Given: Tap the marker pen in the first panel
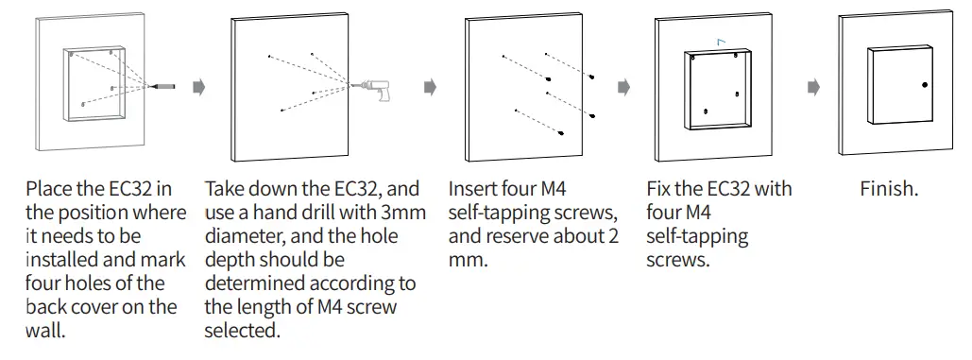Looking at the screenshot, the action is click(x=164, y=86).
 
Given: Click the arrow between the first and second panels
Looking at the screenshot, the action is click(x=198, y=87).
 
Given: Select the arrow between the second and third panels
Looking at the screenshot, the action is click(x=430, y=87).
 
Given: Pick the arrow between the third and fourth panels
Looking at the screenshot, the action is click(x=623, y=87).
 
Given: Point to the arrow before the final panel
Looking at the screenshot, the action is click(x=813, y=87).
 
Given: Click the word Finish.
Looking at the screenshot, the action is click(x=889, y=190).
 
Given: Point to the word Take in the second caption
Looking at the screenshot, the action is click(x=227, y=190).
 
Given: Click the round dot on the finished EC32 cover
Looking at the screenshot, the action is click(x=925, y=86).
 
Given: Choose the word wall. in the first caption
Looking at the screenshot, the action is click(x=46, y=330).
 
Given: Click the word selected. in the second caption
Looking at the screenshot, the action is click(x=242, y=330).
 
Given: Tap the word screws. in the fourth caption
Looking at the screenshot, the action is click(x=677, y=260).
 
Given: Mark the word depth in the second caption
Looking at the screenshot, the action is click(x=230, y=260).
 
